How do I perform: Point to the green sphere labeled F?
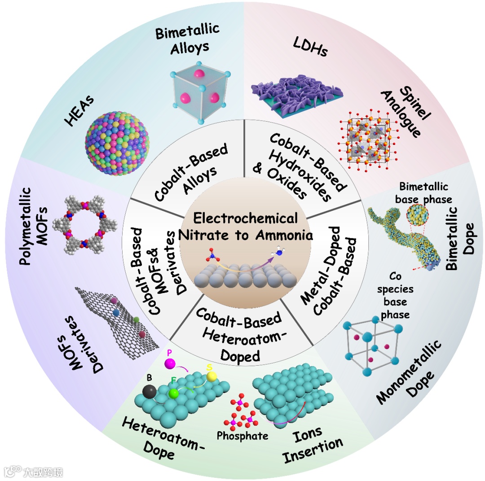click(x=174, y=393)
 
